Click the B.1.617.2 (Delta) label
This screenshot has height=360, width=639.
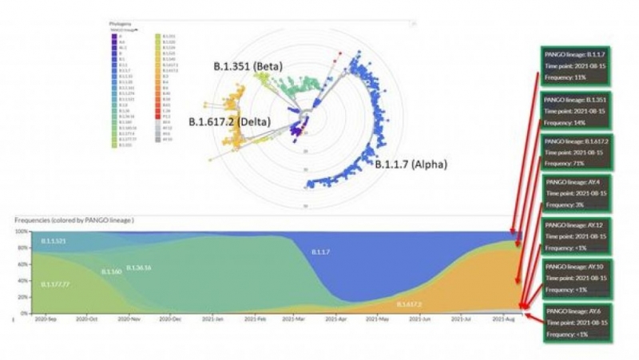(x=229, y=121)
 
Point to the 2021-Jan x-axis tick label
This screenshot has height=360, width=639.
(x=210, y=318)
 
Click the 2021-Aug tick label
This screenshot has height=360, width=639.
(x=506, y=318)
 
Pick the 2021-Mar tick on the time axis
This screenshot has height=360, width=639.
(x=294, y=318)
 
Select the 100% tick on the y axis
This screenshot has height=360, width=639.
(x=22, y=231)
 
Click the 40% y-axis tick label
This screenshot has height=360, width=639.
(x=22, y=280)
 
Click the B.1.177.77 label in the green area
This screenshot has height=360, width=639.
(x=54, y=284)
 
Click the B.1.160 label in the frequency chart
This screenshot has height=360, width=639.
(x=111, y=272)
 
